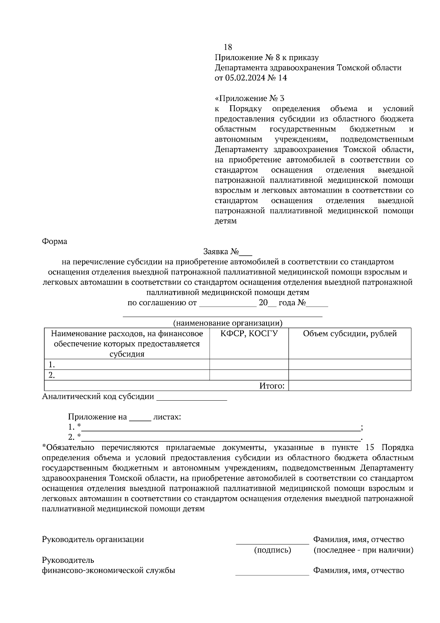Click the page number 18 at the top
(x=228, y=47)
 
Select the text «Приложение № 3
(x=249, y=98)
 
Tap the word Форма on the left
(x=55, y=241)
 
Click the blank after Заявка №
(x=246, y=253)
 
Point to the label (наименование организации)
(x=228, y=323)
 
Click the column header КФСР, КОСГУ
(x=249, y=334)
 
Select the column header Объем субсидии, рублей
(x=350, y=334)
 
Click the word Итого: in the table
(x=272, y=386)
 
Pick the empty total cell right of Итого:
(x=350, y=386)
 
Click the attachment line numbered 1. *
(x=220, y=427)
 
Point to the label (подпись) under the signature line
(x=272, y=550)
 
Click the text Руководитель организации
(x=93, y=539)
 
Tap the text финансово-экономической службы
(x=109, y=571)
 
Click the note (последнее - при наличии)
(x=363, y=550)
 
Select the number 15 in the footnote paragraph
(x=370, y=448)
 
